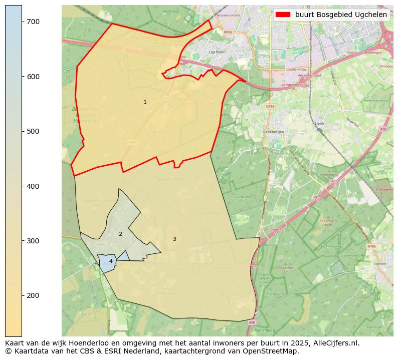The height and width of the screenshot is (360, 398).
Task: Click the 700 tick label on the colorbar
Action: pyautogui.click(x=33, y=22)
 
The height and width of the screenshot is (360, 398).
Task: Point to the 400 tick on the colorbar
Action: pyautogui.click(x=33, y=186)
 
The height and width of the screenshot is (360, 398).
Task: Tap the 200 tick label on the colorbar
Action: pyautogui.click(x=33, y=295)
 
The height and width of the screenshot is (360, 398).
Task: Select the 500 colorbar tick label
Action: pyautogui.click(x=33, y=131)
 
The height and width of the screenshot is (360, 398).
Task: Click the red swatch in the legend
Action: pyautogui.click(x=283, y=15)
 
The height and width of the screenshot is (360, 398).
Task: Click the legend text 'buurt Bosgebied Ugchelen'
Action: pyautogui.click(x=341, y=15)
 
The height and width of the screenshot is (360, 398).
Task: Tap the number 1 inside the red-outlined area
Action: pyautogui.click(x=145, y=102)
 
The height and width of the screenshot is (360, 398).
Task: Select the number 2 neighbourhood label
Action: pyautogui.click(x=120, y=234)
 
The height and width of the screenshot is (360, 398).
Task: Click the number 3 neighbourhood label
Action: pyautogui.click(x=174, y=239)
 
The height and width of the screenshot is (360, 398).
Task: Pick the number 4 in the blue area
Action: pyautogui.click(x=111, y=261)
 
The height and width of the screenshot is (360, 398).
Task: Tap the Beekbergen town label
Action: pyautogui.click(x=273, y=132)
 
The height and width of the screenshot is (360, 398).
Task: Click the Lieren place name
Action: pyautogui.click(x=320, y=123)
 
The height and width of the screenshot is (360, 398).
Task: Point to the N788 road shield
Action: pyautogui.click(x=270, y=106)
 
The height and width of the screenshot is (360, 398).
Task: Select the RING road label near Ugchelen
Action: pyautogui.click(x=228, y=32)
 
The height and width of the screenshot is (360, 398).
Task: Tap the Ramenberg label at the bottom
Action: pyautogui.click(x=265, y=330)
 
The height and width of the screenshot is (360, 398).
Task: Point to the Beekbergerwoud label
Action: pyautogui.click(x=376, y=100)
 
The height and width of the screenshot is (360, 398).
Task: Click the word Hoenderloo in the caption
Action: pyautogui.click(x=81, y=343)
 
